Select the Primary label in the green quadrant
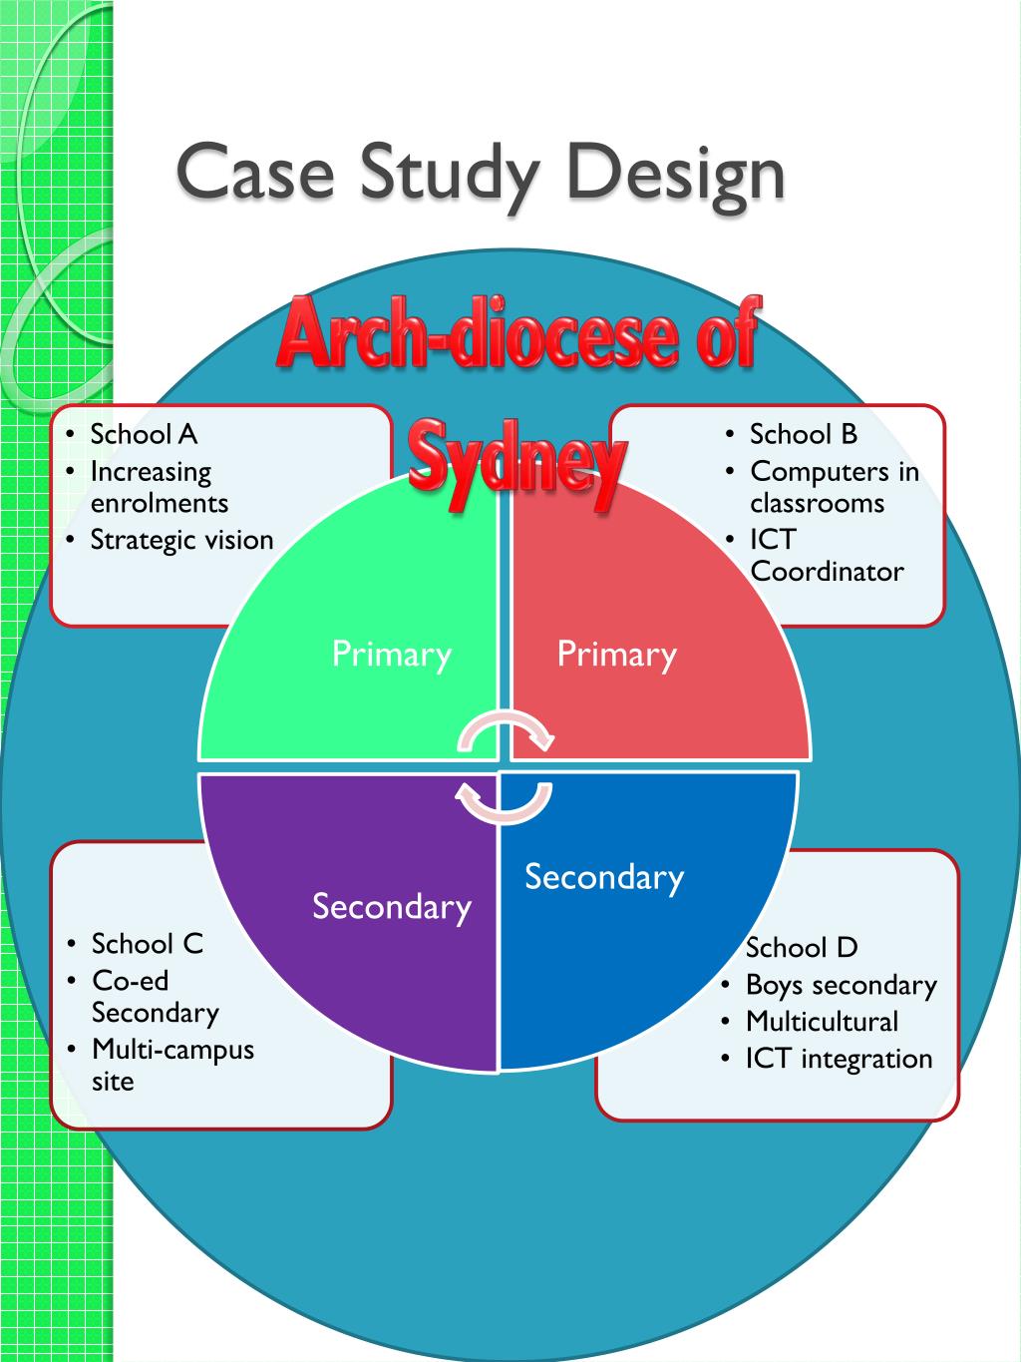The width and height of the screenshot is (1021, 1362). click(x=392, y=655)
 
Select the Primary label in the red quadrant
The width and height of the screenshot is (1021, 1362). click(x=616, y=655)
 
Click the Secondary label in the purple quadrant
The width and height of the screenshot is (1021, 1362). click(x=392, y=906)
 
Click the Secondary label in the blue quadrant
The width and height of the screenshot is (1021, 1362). click(x=604, y=877)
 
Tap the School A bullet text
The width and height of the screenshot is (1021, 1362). click(x=145, y=434)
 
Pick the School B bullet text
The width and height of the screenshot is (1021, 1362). click(x=804, y=434)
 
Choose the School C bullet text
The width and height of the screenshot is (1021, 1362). click(x=148, y=944)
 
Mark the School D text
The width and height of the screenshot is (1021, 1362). click(x=802, y=948)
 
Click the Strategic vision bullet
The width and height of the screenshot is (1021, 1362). click(x=181, y=540)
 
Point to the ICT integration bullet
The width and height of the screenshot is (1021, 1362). click(x=839, y=1059)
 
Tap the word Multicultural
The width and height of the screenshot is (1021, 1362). click(x=822, y=1022)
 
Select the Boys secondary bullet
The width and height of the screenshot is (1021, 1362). click(x=842, y=986)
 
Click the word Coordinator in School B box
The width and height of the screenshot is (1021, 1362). click(x=827, y=572)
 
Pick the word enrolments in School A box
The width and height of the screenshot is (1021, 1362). click(x=160, y=503)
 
